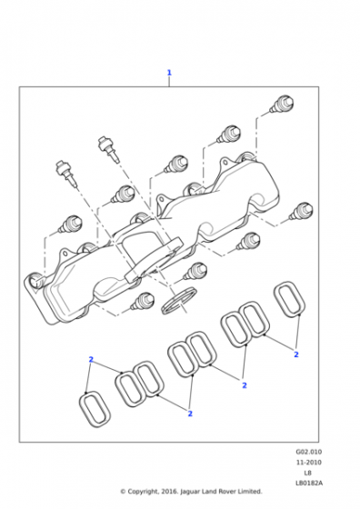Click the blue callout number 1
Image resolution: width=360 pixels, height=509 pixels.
[169, 73]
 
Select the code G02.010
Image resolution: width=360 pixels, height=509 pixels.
[309, 452]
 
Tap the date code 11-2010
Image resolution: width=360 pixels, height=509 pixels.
[309, 463]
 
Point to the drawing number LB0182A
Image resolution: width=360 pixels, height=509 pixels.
[309, 483]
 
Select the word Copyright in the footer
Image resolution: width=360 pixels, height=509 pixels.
[143, 492]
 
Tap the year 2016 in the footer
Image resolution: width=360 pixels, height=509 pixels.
[169, 492]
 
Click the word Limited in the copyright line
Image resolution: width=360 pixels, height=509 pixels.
[251, 492]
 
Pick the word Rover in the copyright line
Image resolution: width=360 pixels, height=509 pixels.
[227, 492]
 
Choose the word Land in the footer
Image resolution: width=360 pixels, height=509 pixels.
[209, 492]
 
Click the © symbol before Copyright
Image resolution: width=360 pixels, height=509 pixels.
[123, 492]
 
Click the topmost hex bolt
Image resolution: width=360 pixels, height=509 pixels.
[282, 104]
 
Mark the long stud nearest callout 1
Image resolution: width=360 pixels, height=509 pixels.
[109, 149]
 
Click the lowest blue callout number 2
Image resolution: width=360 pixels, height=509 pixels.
[190, 414]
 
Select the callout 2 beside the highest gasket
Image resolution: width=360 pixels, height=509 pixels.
[296, 354]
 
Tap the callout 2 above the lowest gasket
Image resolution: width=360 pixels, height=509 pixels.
[91, 360]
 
